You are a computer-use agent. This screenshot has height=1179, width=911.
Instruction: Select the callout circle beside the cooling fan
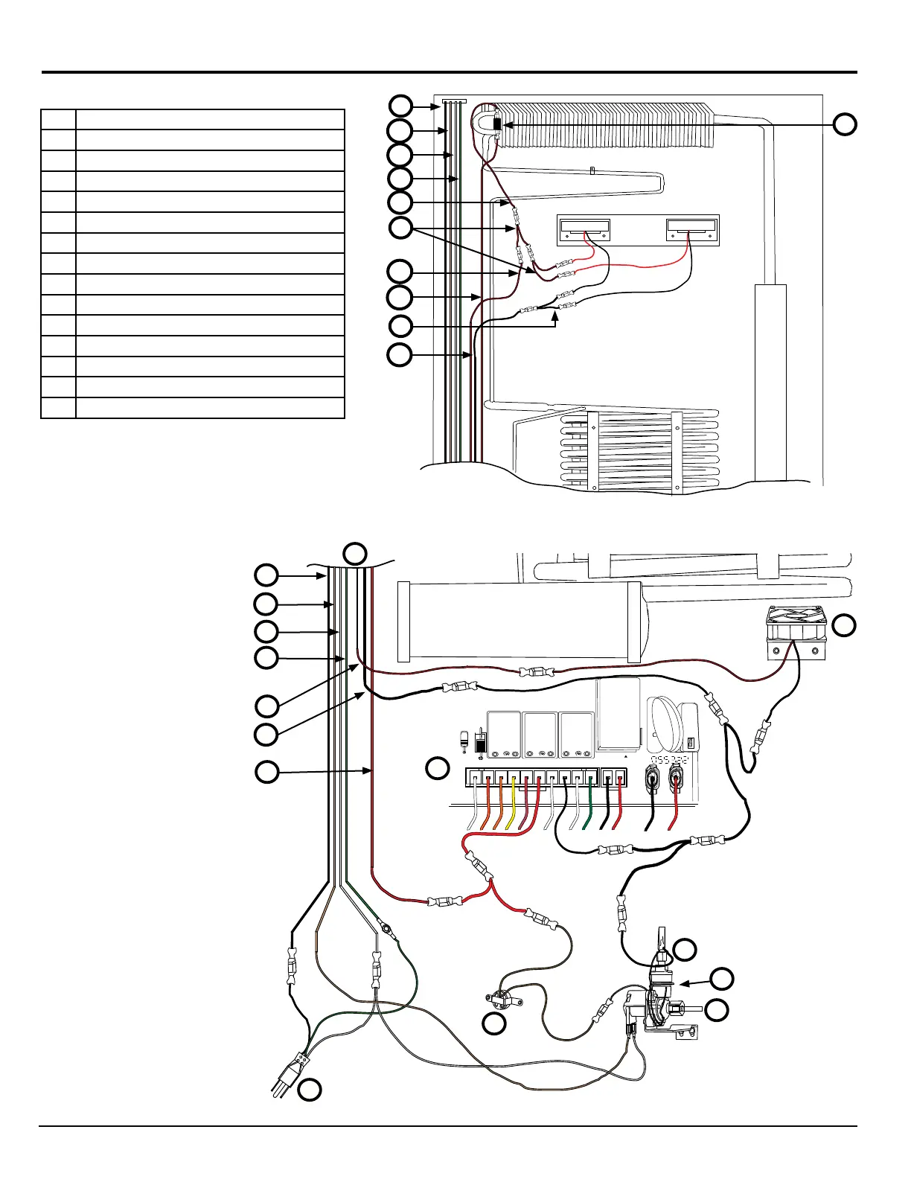pyautogui.click(x=844, y=626)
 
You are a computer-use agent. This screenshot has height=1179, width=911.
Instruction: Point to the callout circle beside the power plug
pyautogui.click(x=310, y=1090)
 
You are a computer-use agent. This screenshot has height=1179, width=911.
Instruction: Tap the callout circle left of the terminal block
pyautogui.click(x=438, y=768)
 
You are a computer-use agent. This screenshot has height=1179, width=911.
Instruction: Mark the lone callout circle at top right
pyautogui.click(x=844, y=124)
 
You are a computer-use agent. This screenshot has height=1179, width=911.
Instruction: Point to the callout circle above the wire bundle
pyautogui.click(x=355, y=553)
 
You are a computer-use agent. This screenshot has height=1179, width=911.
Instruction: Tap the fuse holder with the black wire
pyautogui.click(x=653, y=781)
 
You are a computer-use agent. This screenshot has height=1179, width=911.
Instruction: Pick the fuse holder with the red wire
pyautogui.click(x=678, y=781)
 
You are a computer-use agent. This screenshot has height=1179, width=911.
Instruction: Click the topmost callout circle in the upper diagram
pyautogui.click(x=400, y=106)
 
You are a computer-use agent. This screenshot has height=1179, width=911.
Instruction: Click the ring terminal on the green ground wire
pyautogui.click(x=386, y=927)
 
